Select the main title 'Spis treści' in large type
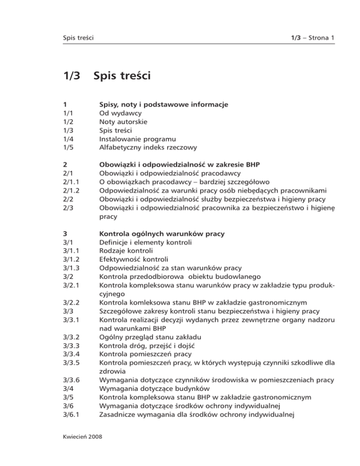point(122,75)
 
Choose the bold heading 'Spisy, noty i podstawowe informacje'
point(164,104)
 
